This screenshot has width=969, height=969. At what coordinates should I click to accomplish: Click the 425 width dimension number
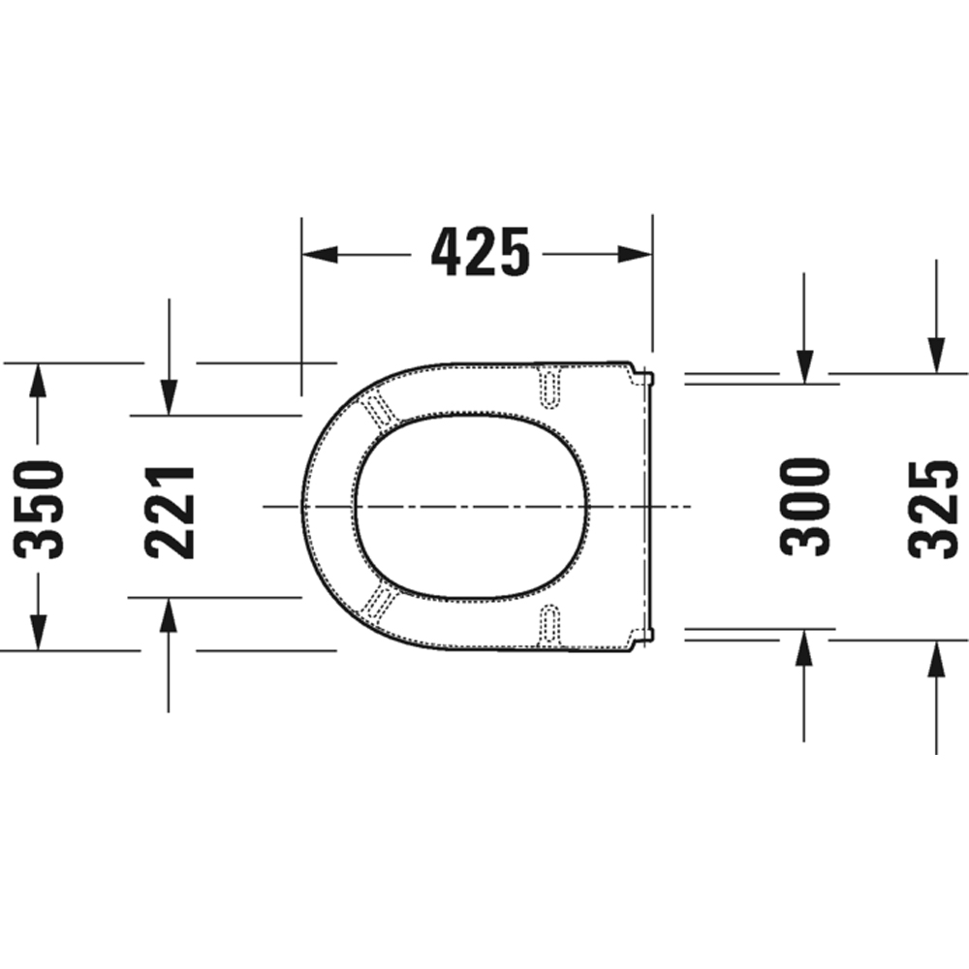click(481, 253)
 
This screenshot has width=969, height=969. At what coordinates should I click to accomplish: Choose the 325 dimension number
click(934, 507)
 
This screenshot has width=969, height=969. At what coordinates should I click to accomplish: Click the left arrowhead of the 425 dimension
click(320, 254)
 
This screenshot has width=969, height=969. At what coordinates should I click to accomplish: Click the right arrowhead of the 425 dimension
click(635, 254)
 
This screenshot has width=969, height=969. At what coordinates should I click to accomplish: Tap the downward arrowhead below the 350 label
click(38, 632)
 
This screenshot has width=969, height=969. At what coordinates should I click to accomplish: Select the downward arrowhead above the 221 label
click(169, 397)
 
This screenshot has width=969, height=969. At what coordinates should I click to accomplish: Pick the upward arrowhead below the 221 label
click(169, 616)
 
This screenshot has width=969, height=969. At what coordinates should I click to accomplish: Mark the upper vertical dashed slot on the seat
click(550, 385)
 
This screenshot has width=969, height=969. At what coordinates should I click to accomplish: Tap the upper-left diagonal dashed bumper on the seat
click(379, 409)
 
